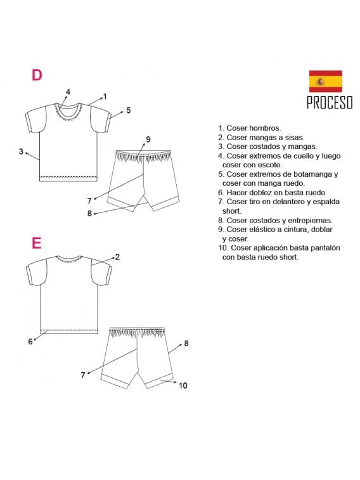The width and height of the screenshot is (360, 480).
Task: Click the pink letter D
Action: click(x=37, y=75)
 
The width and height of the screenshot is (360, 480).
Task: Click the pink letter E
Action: click(x=37, y=243)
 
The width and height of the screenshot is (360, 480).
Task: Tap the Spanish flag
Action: click(x=326, y=82)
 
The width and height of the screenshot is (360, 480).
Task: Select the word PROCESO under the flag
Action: click(x=330, y=103)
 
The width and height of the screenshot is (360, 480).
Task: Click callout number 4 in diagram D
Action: click(x=68, y=91)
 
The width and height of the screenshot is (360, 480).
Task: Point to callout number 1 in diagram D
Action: click(x=105, y=96)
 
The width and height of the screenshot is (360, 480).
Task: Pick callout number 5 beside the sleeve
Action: click(x=128, y=110)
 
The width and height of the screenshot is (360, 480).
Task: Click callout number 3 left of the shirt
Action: click(x=21, y=152)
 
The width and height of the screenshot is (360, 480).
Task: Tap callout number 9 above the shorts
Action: click(x=148, y=139)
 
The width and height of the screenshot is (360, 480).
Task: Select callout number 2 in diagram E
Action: click(x=117, y=257)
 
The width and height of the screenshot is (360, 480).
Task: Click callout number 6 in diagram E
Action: click(x=30, y=342)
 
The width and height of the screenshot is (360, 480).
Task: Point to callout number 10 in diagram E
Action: click(x=183, y=385)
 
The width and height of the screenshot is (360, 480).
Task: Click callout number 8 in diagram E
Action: click(x=186, y=343)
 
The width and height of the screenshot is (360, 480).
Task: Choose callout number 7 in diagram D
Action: click(x=89, y=200)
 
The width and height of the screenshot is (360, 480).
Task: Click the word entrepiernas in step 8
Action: click(x=300, y=220)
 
